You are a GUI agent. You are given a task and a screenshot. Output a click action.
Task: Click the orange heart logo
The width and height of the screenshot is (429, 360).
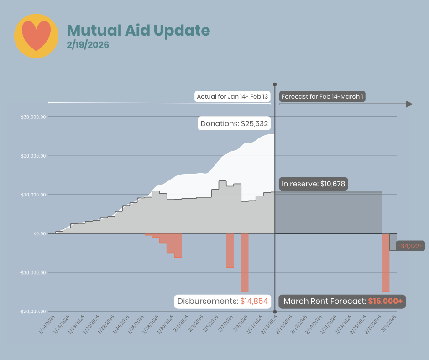(x=37, y=36)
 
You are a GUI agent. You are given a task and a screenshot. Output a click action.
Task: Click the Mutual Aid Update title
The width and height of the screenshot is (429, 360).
(x=138, y=31)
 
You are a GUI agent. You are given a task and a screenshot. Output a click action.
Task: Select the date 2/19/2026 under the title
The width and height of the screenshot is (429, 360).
(x=88, y=45)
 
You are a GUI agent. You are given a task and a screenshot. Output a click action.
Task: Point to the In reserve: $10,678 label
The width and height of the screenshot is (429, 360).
(x=314, y=184)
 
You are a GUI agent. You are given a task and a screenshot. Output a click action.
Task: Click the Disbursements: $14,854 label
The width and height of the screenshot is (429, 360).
(x=222, y=302)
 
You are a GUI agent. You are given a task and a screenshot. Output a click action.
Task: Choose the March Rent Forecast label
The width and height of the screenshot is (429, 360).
(x=343, y=302)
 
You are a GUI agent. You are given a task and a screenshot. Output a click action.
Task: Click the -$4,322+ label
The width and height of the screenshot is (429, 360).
(x=410, y=246)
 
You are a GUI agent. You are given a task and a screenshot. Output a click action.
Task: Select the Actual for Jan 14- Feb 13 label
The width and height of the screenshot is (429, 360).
(x=232, y=97)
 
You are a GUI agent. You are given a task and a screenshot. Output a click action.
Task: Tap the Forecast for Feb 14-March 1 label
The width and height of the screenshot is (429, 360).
(x=322, y=97)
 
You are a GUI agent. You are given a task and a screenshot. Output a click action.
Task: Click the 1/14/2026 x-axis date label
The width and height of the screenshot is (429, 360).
(x=47, y=324)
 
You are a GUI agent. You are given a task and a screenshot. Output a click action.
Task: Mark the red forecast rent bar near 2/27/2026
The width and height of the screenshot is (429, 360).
(x=386, y=263)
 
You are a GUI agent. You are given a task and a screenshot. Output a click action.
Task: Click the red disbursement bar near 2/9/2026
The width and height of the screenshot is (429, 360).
(x=245, y=263)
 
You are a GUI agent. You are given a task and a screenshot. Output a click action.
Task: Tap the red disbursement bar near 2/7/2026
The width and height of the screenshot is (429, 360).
(x=230, y=250)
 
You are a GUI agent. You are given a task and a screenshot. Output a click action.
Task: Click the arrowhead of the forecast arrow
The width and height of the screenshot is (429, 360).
(x=408, y=104)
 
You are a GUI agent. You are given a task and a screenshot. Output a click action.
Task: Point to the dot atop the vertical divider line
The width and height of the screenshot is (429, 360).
(x=275, y=85)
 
